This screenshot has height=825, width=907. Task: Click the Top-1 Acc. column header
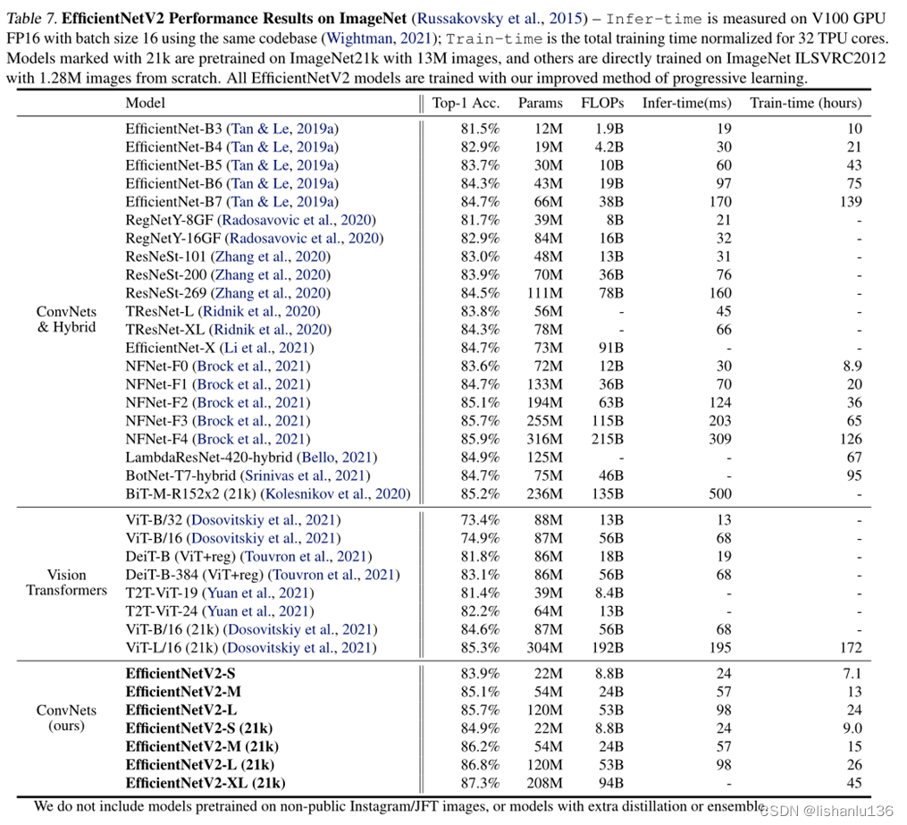tap(466, 103)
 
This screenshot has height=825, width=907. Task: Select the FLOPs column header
tap(602, 103)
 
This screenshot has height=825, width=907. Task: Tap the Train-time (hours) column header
tap(806, 103)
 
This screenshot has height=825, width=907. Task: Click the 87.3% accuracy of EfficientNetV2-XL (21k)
tap(478, 783)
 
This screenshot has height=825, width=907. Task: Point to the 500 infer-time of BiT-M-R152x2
tap(719, 493)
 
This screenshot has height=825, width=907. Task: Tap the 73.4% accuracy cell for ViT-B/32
tap(478, 519)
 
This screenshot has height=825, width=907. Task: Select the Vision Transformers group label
tap(67, 583)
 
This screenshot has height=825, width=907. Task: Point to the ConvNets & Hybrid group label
tap(67, 320)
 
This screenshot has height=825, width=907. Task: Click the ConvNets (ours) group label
tap(67, 719)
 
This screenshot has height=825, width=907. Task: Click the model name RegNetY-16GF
tap(173, 238)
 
